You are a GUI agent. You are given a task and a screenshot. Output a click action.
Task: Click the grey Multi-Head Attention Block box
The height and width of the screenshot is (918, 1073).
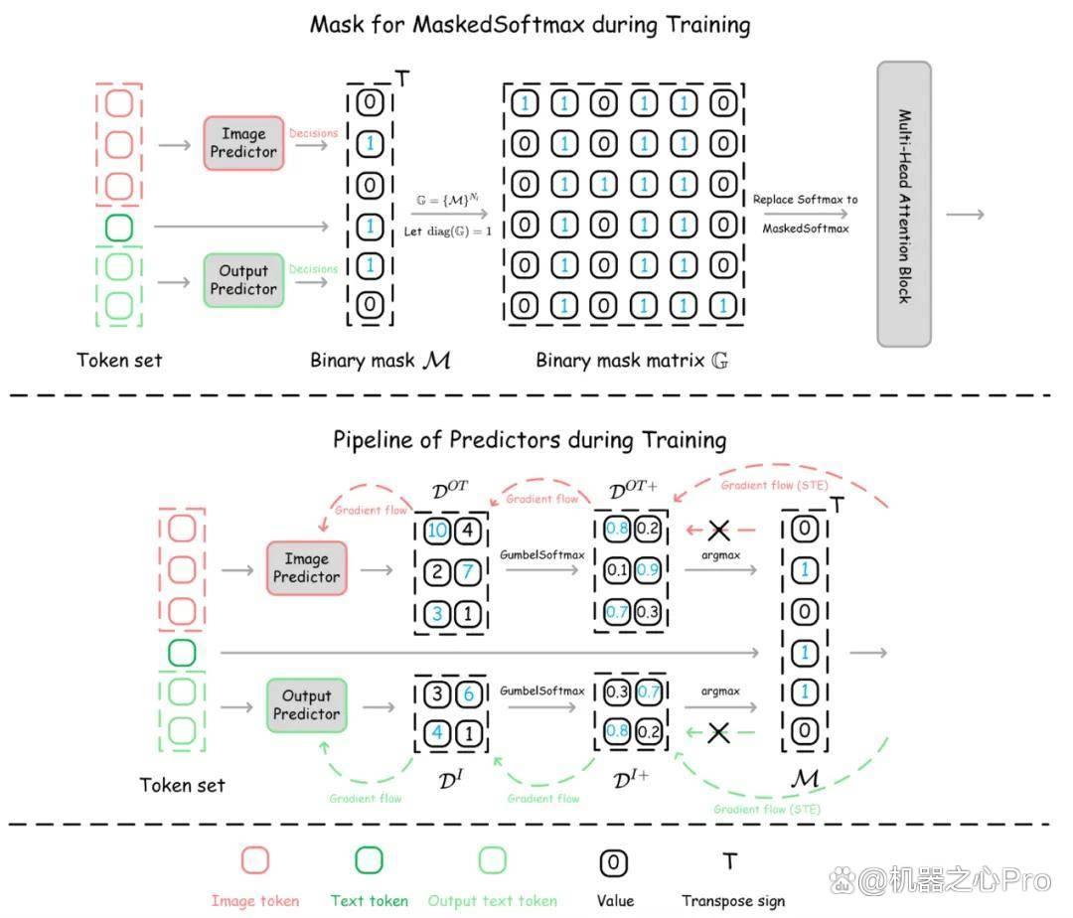[904, 204]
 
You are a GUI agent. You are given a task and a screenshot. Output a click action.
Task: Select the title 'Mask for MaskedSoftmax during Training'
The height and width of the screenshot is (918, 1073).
[531, 25]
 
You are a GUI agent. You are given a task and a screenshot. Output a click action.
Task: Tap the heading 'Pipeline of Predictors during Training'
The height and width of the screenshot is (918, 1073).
[530, 440]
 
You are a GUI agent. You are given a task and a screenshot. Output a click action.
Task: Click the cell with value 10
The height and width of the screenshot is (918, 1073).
[437, 531]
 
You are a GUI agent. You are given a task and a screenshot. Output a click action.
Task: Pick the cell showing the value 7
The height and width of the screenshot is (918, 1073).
[468, 571]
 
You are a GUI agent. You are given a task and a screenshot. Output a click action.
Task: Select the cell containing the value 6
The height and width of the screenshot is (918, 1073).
[469, 693]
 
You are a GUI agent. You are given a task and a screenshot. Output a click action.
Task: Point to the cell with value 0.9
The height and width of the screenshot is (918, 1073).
[648, 570]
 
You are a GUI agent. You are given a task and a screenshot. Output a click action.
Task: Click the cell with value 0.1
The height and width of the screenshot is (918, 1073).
[617, 570]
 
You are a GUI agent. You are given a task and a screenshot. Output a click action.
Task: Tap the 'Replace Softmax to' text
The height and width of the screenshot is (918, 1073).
[806, 200]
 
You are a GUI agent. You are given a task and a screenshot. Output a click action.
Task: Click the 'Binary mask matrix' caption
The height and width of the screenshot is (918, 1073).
[620, 360]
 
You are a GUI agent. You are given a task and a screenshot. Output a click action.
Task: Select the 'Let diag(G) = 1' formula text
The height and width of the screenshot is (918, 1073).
[448, 231]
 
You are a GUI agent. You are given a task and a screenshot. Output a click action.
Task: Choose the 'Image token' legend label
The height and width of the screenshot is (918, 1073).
[255, 901]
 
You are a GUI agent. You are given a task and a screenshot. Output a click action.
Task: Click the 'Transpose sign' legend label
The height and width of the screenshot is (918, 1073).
[733, 901]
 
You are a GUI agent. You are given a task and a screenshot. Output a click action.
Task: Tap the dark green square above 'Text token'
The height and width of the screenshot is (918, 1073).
[369, 859]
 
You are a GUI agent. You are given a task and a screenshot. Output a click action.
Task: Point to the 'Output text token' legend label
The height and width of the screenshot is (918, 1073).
[493, 901]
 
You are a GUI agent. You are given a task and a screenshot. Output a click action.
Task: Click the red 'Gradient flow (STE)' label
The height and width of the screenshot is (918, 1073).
[775, 485]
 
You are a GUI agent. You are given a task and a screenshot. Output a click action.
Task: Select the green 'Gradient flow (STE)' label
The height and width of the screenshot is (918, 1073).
[767, 810]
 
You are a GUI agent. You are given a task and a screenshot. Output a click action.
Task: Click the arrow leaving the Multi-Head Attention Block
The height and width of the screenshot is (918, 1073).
[965, 215]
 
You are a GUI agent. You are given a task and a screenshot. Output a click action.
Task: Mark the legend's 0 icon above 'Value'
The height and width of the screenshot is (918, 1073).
[614, 862]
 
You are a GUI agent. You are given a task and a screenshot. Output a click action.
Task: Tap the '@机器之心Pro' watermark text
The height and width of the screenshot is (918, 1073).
[954, 880]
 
